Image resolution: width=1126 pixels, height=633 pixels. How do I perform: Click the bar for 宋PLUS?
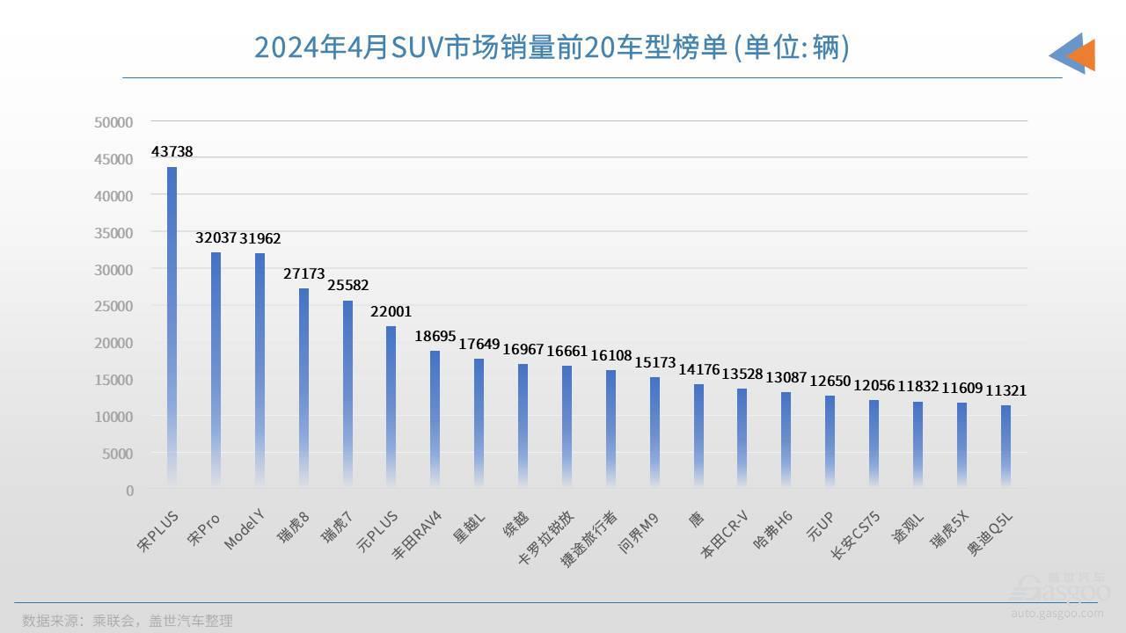[172, 325]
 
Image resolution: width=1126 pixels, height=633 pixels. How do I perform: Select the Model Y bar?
[260, 369]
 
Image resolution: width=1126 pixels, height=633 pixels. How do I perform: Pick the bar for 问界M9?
[654, 431]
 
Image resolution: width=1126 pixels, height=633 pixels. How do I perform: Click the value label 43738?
[172, 152]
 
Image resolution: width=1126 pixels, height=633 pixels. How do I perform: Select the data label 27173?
[303, 274]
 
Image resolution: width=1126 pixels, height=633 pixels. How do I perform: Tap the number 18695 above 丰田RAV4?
[435, 337]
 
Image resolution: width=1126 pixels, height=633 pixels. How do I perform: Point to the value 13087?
[786, 378]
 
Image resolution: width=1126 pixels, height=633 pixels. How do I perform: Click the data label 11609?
[961, 389]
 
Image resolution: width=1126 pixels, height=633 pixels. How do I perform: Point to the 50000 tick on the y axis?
[113, 121]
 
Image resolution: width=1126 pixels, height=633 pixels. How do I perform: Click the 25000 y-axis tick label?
[113, 306]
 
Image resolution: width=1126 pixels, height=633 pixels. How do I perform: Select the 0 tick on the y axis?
[129, 491]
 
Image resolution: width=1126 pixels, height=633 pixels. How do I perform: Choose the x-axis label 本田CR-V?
[723, 535]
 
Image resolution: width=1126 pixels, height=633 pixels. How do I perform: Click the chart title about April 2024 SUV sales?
[552, 47]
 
